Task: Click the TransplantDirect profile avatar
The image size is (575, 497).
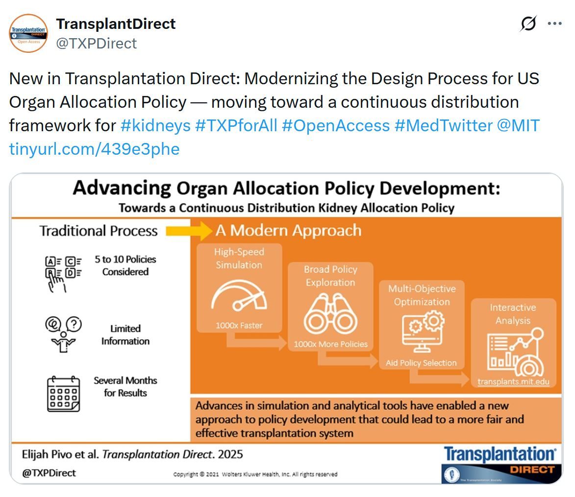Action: click(28, 33)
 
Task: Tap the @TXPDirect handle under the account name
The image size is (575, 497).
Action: click(96, 44)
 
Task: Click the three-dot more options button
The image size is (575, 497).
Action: click(554, 24)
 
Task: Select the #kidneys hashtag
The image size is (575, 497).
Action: click(155, 126)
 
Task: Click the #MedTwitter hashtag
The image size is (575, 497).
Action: click(443, 126)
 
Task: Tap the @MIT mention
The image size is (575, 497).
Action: click(518, 126)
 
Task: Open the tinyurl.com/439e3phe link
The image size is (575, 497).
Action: click(94, 149)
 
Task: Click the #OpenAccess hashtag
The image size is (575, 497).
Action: click(335, 126)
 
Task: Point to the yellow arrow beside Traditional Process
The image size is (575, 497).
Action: click(189, 231)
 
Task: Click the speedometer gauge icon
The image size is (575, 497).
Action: click(239, 295)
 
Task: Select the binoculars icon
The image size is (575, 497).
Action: click(330, 314)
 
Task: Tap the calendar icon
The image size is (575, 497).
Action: click(63, 394)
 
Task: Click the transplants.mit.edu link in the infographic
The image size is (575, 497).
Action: click(513, 381)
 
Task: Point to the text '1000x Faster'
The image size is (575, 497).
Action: click(239, 325)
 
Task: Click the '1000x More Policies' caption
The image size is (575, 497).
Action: click(330, 344)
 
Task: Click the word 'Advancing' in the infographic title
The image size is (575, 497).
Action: click(122, 188)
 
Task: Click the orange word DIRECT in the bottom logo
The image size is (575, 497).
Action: click(532, 470)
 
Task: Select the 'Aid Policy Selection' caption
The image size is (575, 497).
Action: click(421, 363)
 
